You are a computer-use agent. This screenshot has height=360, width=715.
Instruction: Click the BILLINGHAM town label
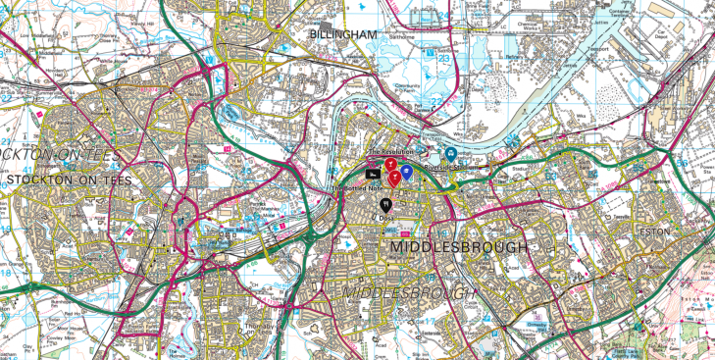(x=342, y=34)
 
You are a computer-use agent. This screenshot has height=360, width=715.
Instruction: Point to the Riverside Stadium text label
(x=450, y=168)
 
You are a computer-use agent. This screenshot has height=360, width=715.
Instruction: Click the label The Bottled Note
(x=355, y=188)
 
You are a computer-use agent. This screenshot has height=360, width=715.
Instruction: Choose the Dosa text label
(x=387, y=219)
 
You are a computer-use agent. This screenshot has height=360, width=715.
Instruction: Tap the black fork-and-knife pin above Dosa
(x=386, y=204)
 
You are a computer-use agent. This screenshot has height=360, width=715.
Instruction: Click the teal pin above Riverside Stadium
(x=450, y=154)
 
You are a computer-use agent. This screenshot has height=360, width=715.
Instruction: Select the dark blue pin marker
(x=407, y=172)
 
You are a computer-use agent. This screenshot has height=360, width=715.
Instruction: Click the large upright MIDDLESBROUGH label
(x=459, y=247)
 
